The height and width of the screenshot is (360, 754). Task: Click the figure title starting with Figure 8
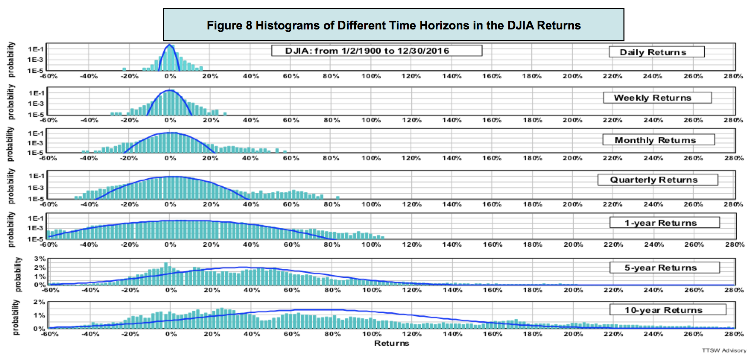tap(393, 25)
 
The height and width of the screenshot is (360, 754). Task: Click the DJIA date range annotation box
tap(377, 51)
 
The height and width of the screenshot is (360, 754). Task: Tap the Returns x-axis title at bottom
tap(392, 343)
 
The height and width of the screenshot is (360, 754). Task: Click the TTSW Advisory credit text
tap(724, 351)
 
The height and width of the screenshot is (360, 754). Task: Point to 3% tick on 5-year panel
tap(40, 259)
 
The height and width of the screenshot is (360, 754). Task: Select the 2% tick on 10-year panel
tap(40, 302)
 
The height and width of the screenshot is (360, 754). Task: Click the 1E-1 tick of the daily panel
tap(36, 49)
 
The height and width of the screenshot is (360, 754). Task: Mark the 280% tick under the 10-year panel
tap(734, 334)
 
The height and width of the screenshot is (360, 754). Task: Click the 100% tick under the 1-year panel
tap(371, 245)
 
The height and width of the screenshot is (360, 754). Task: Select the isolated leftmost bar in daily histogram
tap(124, 69)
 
